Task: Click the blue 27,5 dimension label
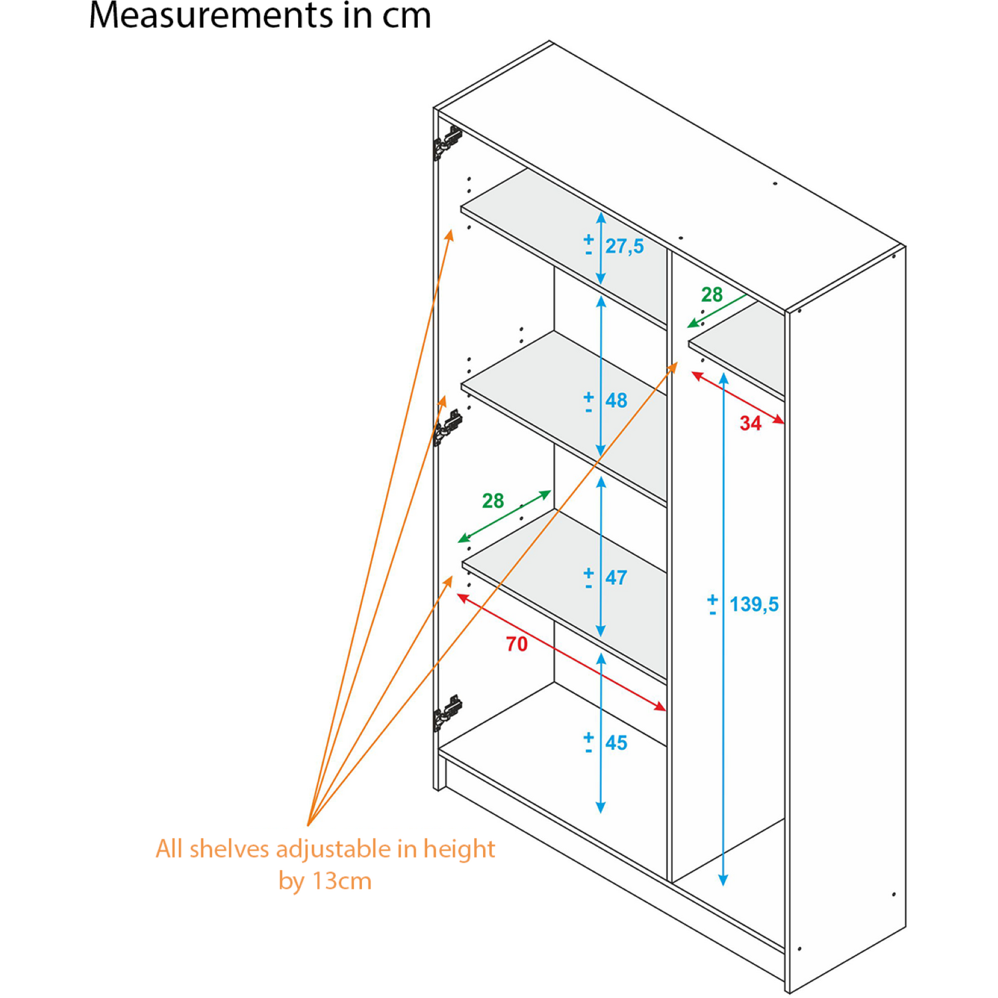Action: (x=624, y=246)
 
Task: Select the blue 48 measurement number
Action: (x=616, y=401)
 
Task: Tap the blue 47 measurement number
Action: (x=616, y=578)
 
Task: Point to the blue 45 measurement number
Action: (x=616, y=743)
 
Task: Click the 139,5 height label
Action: (x=754, y=604)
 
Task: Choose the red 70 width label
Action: (x=517, y=644)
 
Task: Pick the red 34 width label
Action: (x=750, y=423)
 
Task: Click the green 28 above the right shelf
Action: (x=712, y=295)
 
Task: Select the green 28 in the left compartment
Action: (x=493, y=500)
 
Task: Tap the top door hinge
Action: (x=448, y=142)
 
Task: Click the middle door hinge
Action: (x=448, y=427)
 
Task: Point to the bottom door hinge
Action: (x=448, y=713)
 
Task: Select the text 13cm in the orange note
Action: (x=342, y=881)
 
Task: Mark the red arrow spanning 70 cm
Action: (x=562, y=653)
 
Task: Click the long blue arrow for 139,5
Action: (x=723, y=629)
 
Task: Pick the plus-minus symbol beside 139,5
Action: (x=713, y=605)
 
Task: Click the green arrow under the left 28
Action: (x=505, y=516)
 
